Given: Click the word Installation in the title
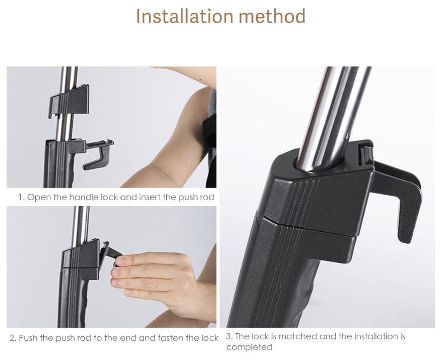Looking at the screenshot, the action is pos(184,16).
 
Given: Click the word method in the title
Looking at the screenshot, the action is pos(272,16).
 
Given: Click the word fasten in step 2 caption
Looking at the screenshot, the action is pos(170,337).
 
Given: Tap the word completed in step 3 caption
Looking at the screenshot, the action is pos(249,347).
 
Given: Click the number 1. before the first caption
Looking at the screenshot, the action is pos(21,197).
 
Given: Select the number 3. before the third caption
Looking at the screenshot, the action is pos(229,336).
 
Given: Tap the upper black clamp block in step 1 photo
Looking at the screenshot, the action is pos(70,102).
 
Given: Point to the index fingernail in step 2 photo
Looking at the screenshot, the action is pos(121,261).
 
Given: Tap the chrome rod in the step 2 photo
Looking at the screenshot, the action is pos(84,225).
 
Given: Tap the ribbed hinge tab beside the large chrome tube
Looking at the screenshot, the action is pos(366,154).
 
